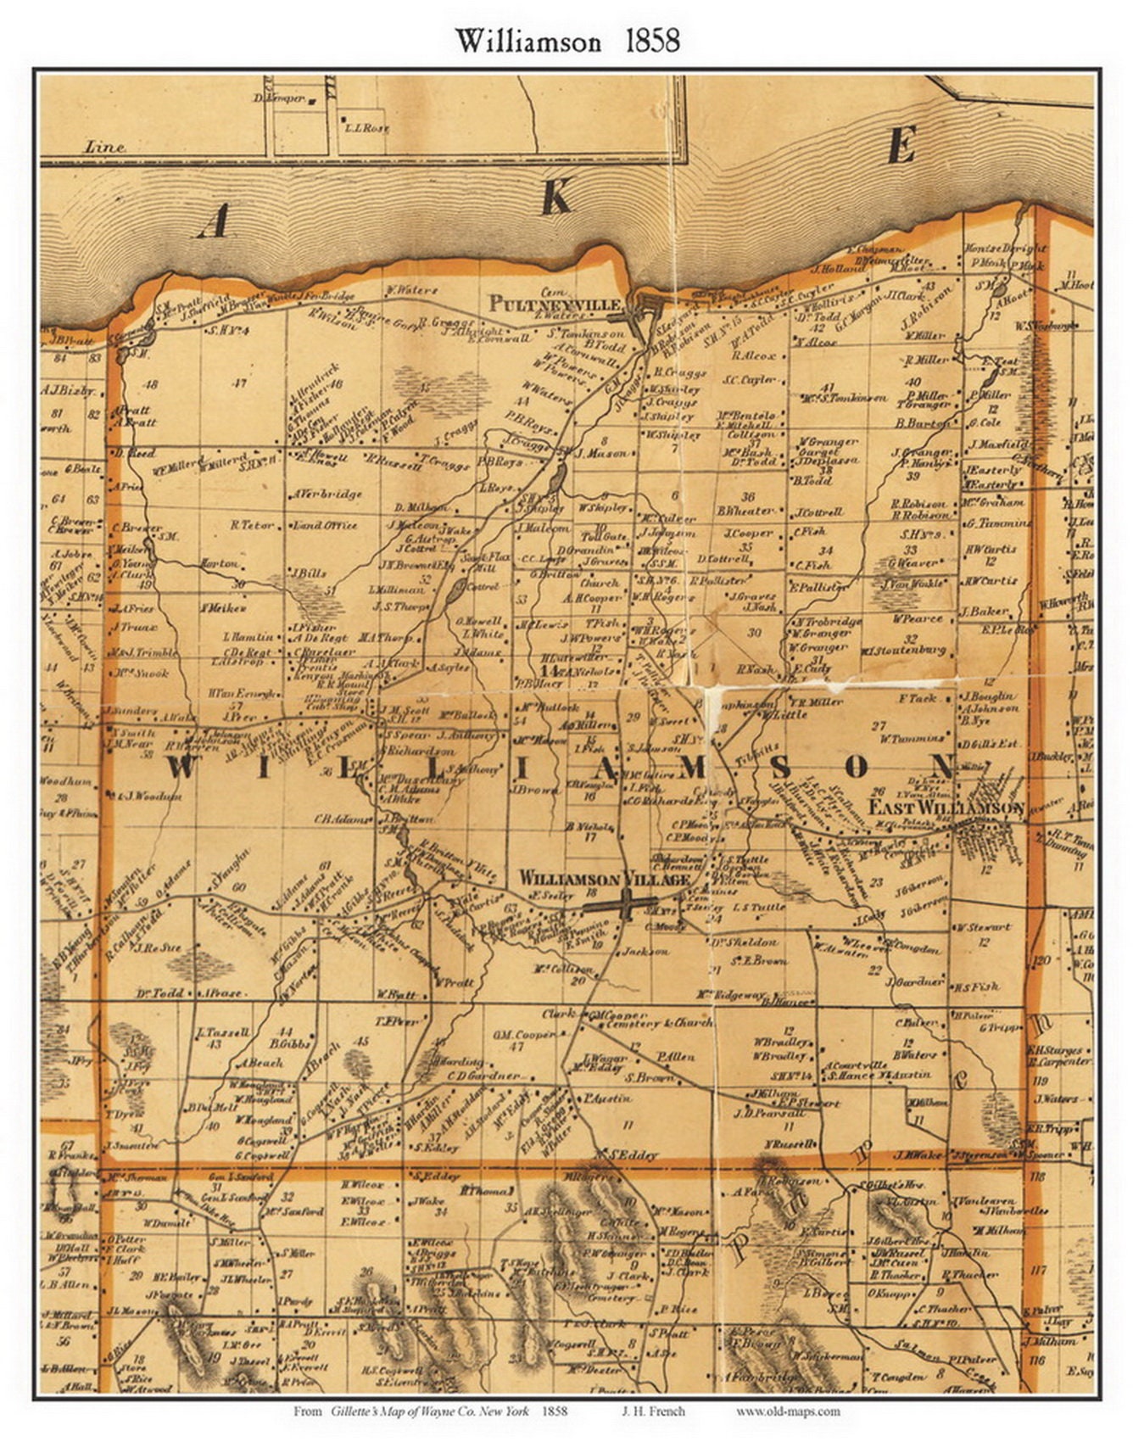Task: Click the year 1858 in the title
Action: (x=652, y=41)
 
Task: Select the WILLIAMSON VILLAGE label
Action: (x=604, y=880)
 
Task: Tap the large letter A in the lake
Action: (x=212, y=222)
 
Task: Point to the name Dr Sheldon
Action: (x=743, y=942)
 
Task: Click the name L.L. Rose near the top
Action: (x=366, y=128)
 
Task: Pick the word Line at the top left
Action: (x=104, y=147)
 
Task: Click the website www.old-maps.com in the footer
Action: (x=788, y=1411)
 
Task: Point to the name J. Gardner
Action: (x=917, y=981)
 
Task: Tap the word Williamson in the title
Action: (x=528, y=41)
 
